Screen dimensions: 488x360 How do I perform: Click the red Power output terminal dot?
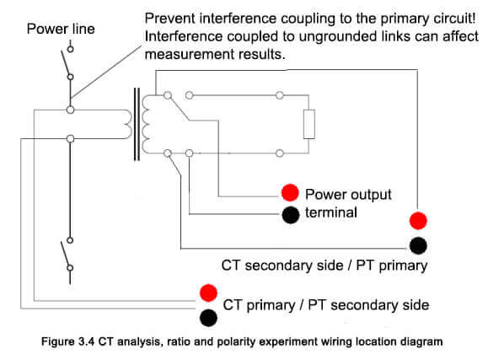click(290, 192)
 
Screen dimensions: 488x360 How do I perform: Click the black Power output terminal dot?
click(291, 215)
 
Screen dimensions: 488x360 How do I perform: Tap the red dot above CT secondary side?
click(418, 221)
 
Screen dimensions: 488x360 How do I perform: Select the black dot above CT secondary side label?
click(418, 245)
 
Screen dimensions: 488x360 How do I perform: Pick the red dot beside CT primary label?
click(208, 293)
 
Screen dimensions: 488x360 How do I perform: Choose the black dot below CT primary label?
click(208, 318)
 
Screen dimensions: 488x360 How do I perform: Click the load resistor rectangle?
click(309, 124)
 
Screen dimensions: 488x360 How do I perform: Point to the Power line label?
click(61, 29)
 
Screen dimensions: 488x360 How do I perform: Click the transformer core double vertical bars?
click(137, 124)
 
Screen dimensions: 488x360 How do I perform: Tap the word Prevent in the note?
click(170, 19)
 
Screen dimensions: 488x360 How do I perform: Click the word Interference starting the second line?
click(184, 36)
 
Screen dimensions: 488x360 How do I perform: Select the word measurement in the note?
click(190, 55)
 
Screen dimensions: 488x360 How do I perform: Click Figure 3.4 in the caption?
click(67, 341)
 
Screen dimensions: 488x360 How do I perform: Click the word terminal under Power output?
click(331, 212)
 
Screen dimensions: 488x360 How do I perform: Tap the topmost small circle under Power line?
click(71, 49)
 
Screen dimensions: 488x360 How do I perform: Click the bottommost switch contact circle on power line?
click(70, 268)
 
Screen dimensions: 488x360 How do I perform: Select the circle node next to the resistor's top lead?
click(280, 95)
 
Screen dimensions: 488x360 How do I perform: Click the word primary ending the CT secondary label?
click(403, 266)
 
